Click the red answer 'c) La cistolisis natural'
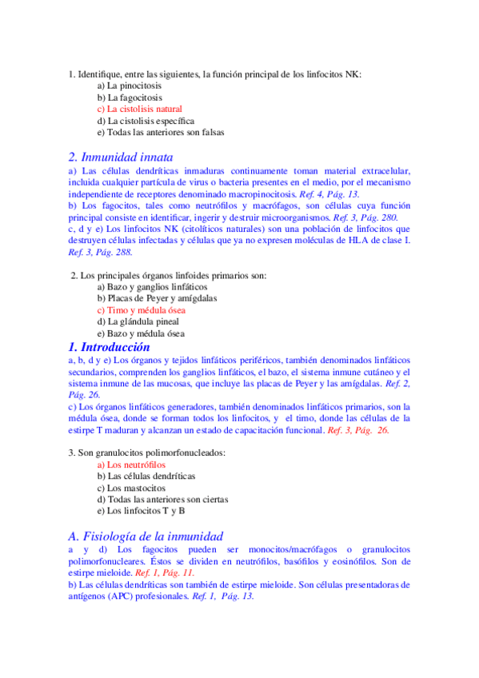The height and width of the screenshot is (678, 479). (x=139, y=109)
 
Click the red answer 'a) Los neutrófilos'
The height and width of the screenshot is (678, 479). (x=131, y=464)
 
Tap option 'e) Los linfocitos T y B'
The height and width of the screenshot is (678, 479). (x=141, y=510)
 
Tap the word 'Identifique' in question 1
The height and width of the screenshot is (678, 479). (x=100, y=74)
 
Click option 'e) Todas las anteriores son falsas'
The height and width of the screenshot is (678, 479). (x=161, y=132)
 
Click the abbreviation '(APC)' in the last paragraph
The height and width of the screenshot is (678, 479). (x=118, y=596)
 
